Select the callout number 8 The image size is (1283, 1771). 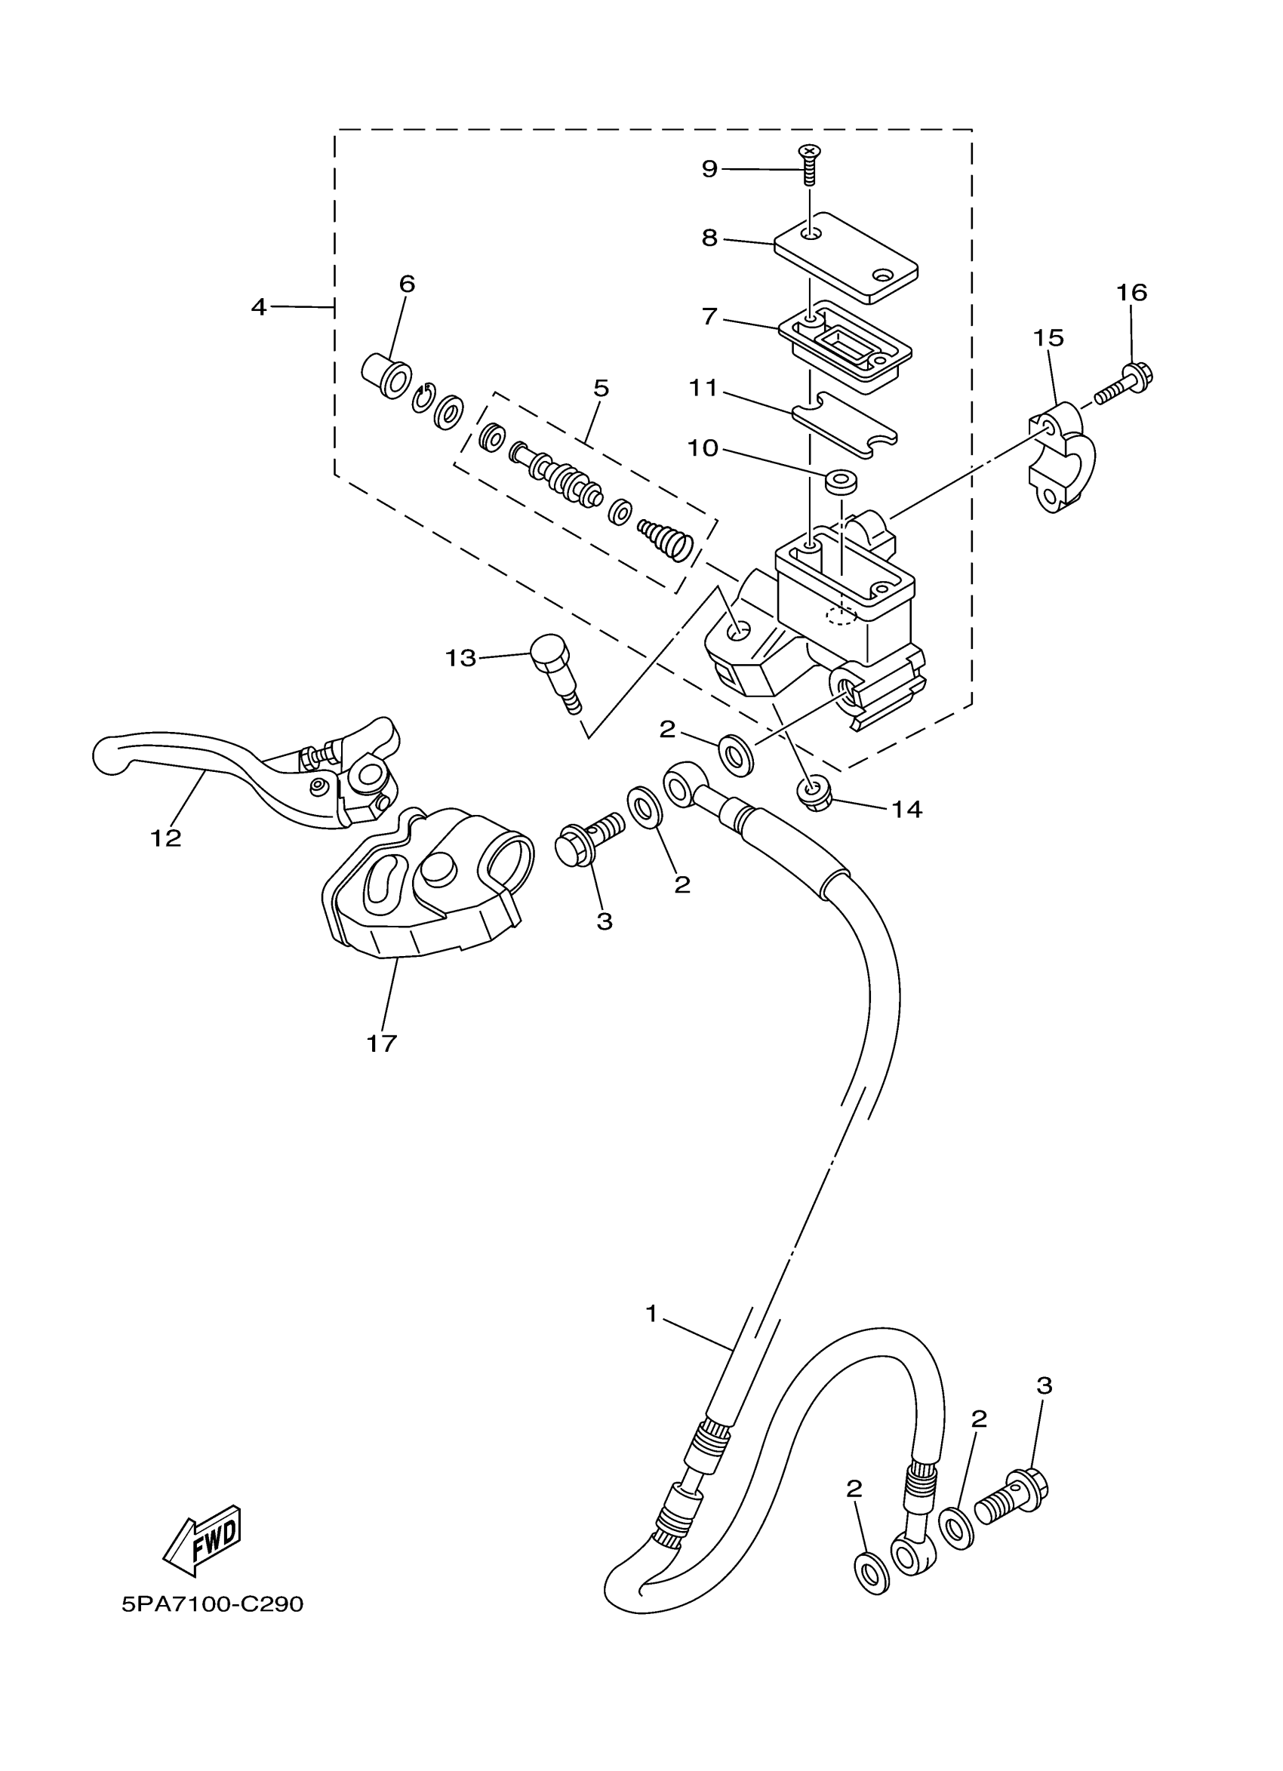click(709, 238)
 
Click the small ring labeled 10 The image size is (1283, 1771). click(840, 480)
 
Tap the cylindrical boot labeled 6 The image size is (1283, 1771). click(387, 376)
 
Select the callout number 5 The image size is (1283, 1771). click(601, 388)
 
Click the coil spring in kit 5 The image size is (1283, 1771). click(666, 539)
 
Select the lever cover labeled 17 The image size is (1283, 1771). click(426, 887)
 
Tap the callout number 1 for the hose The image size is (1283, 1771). click(652, 1314)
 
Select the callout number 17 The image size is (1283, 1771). click(382, 1043)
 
